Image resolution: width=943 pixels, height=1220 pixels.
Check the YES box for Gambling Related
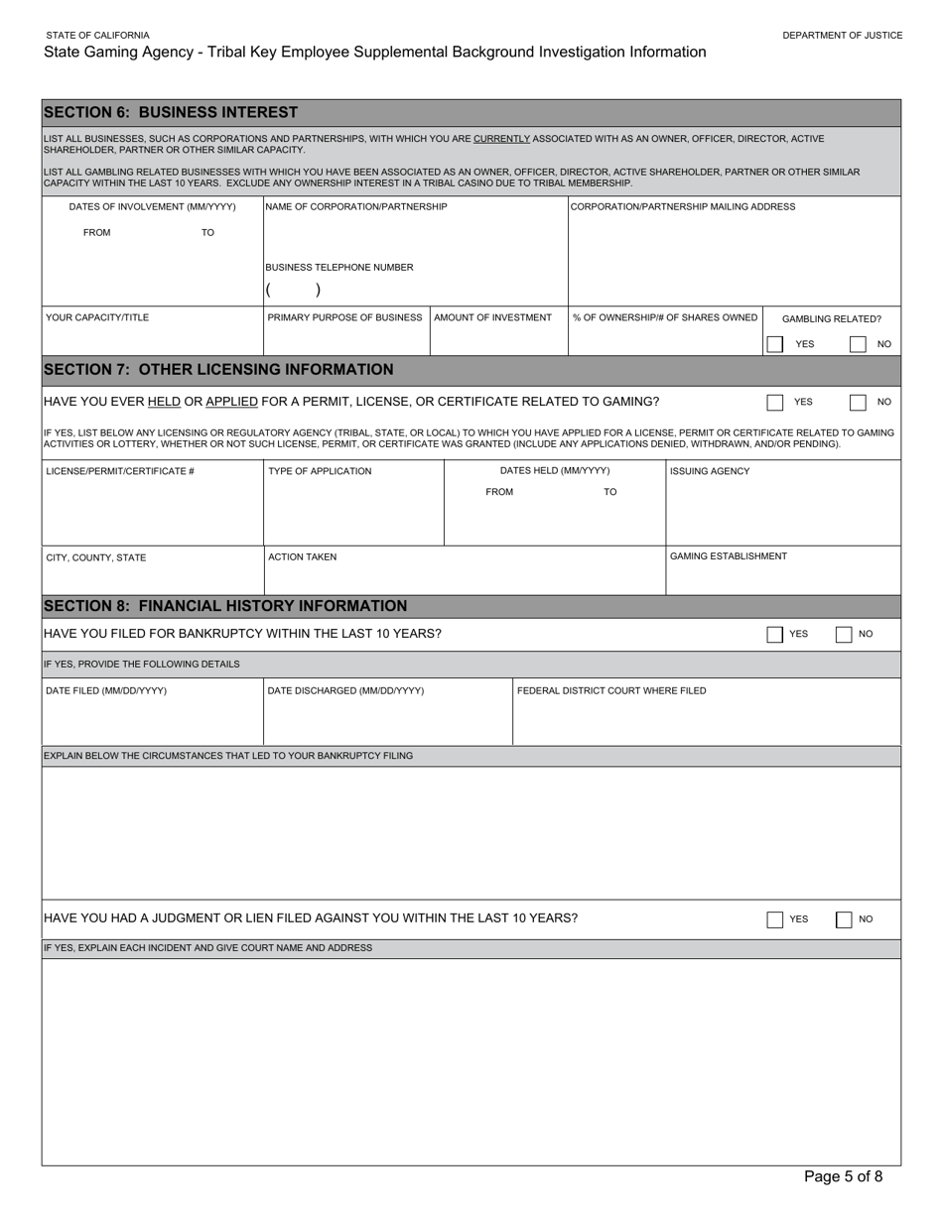pos(775,344)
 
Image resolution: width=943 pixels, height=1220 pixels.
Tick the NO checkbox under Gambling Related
pos(858,344)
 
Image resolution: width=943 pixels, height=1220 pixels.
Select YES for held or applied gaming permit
pos(775,402)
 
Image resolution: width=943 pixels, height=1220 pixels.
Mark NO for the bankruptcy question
pos(844,634)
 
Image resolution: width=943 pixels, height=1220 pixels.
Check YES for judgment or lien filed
pos(775,919)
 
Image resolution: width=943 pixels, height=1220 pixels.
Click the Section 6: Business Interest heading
pos(171,113)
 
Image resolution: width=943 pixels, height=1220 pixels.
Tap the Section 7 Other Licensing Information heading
pos(218,370)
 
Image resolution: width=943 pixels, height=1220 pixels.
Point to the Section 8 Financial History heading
pos(225,606)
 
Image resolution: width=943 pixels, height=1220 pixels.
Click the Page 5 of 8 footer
pos(843,1177)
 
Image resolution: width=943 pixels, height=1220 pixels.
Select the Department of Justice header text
pos(842,35)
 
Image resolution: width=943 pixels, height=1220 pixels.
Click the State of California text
pos(97,35)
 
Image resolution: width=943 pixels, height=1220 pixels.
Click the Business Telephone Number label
pos(339,268)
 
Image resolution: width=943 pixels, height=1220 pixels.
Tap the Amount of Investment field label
pos(492,317)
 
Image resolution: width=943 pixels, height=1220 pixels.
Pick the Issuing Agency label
pos(710,471)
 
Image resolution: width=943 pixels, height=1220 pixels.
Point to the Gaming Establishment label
pos(729,556)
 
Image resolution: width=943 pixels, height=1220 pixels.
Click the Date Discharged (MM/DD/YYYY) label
pos(345,690)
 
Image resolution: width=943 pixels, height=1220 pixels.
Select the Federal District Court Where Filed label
pos(611,690)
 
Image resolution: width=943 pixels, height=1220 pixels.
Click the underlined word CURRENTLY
pos(501,139)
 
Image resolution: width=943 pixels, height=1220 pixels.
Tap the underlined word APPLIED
pos(231,402)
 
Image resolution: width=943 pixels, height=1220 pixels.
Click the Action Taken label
pos(302,557)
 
